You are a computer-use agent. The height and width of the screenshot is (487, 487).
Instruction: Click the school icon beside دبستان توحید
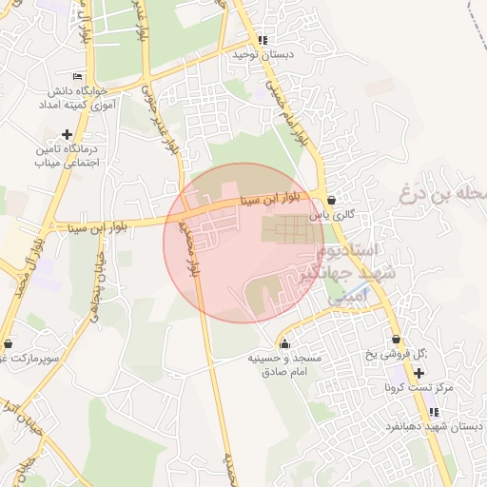[263, 40]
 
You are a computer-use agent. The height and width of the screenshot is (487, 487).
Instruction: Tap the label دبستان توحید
[263, 55]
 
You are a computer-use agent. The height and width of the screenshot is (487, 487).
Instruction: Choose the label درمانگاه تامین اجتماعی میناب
[66, 156]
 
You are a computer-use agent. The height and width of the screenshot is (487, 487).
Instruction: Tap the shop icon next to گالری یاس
[331, 200]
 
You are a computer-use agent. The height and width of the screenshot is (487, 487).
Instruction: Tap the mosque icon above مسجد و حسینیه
[284, 343]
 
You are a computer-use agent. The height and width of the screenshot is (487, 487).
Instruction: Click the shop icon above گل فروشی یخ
[396, 340]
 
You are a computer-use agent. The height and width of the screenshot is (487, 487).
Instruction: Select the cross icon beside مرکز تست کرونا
[419, 373]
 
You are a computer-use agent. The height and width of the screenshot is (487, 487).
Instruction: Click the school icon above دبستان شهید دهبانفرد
[434, 412]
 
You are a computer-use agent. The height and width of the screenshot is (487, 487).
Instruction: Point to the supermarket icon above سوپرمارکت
[9, 343]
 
